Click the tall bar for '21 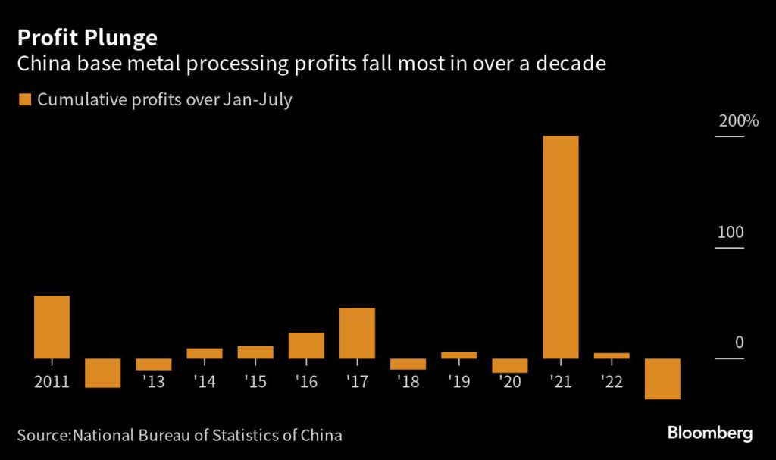[x=561, y=247]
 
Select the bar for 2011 [x=52, y=327]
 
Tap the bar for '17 [x=357, y=333]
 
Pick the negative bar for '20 [x=510, y=365]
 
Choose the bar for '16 [x=306, y=346]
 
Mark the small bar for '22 [x=612, y=355]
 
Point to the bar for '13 [x=153, y=365]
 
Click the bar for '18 [x=408, y=364]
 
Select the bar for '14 [x=204, y=353]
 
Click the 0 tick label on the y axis [x=739, y=343]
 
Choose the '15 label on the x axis [x=255, y=381]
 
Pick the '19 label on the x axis [x=458, y=381]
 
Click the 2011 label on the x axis [x=52, y=381]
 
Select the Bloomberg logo [x=709, y=433]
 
